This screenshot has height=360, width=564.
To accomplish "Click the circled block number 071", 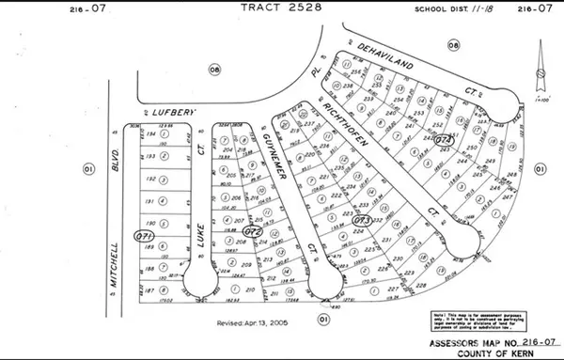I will point(144,234).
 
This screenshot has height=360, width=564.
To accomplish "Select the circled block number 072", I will point(252,229).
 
